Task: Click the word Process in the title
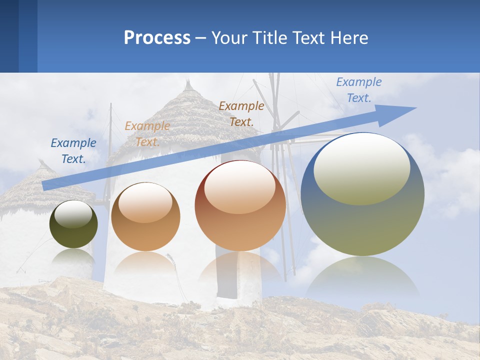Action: coord(157,38)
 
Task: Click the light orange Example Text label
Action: coord(147,134)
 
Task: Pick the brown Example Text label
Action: coord(241,113)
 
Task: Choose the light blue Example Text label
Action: coord(358,90)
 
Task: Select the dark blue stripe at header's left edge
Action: coord(9,36)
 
